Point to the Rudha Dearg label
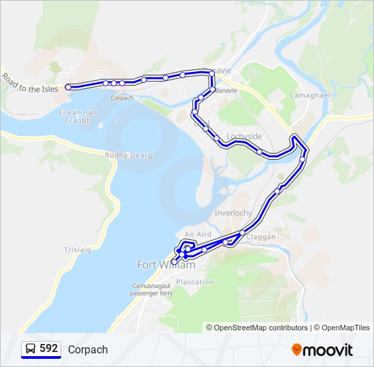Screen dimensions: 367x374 pos(129,156)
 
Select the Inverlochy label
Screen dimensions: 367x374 pos(233,213)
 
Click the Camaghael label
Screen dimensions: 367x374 pos(309,95)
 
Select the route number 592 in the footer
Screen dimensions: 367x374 pos(48,349)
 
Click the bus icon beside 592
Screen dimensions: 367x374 pos(31,349)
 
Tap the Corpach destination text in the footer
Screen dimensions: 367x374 pos(88,349)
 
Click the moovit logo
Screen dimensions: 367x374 pos(322,349)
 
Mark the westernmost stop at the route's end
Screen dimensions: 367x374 pos(68,87)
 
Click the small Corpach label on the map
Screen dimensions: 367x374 pos(122,98)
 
